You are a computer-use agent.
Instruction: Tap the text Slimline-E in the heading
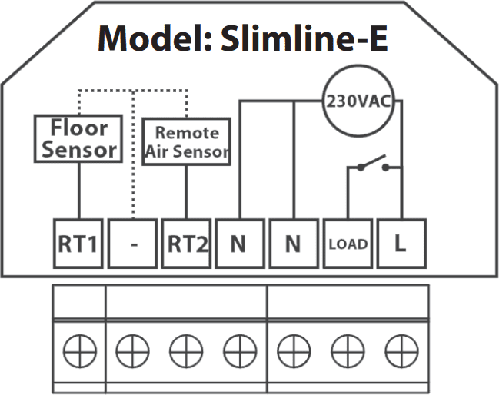pos(304,38)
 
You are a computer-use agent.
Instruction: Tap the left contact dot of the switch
pos(361,167)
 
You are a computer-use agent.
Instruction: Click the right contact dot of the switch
pos(385,167)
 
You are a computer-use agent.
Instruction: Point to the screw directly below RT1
pos(79,351)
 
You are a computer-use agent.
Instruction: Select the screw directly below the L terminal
pos(401,351)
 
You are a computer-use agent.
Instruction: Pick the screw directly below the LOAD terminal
pos(348,351)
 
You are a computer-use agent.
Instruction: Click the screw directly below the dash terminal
pos(132,351)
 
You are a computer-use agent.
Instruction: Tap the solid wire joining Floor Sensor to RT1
pos(79,191)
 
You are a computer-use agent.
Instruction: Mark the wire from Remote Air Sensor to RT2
pos(186,192)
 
